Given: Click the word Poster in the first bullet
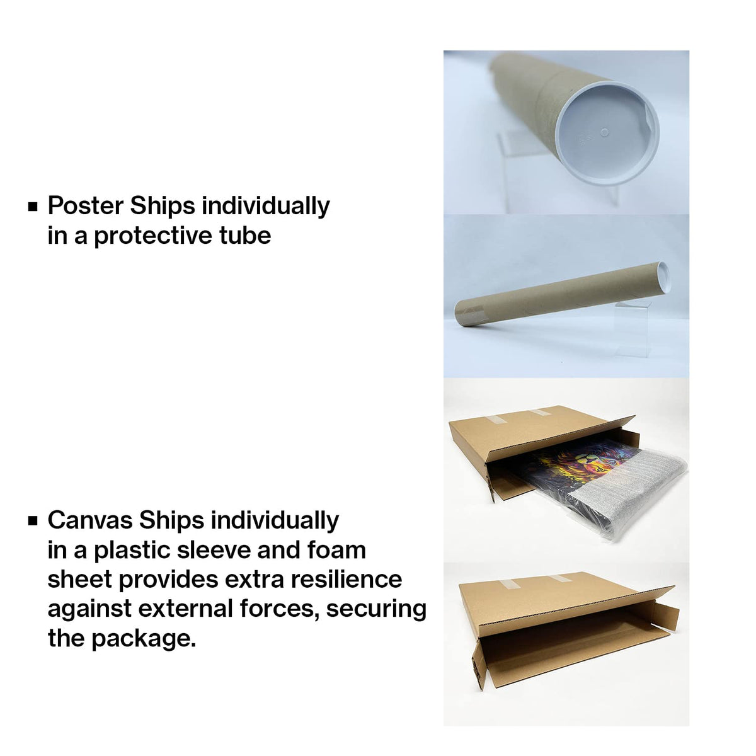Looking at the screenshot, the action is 85,205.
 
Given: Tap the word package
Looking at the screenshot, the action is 143,639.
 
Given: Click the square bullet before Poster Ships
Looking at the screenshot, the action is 33,207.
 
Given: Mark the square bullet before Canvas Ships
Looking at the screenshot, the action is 33,521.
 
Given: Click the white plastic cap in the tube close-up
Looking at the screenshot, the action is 607,132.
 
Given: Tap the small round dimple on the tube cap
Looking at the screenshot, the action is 605,132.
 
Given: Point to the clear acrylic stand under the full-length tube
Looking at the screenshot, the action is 632,329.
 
